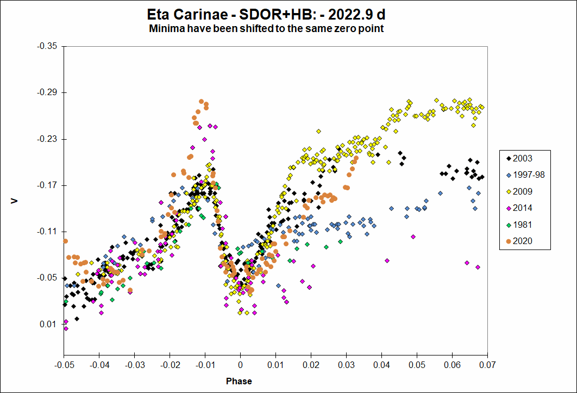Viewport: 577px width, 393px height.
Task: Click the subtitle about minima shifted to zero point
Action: pos(267,29)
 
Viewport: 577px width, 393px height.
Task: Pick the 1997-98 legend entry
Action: pos(525,175)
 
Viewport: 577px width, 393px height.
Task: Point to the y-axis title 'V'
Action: pos(15,202)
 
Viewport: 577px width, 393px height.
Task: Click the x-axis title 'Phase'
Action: pos(239,381)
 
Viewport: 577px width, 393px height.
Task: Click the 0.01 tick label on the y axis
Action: pos(49,325)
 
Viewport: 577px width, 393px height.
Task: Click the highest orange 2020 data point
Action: pos(201,102)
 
